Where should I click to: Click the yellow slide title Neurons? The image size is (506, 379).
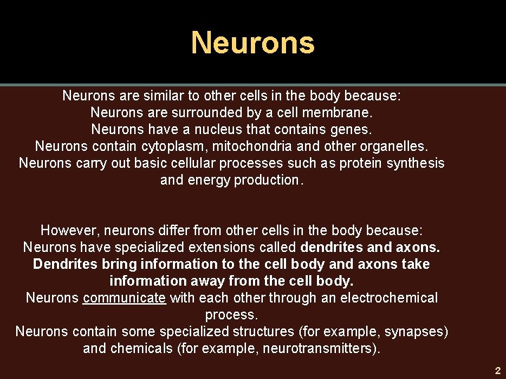[253, 43]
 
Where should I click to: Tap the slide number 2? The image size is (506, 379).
[497, 371]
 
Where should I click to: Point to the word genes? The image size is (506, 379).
[353, 129]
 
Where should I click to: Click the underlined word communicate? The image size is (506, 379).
[124, 298]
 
